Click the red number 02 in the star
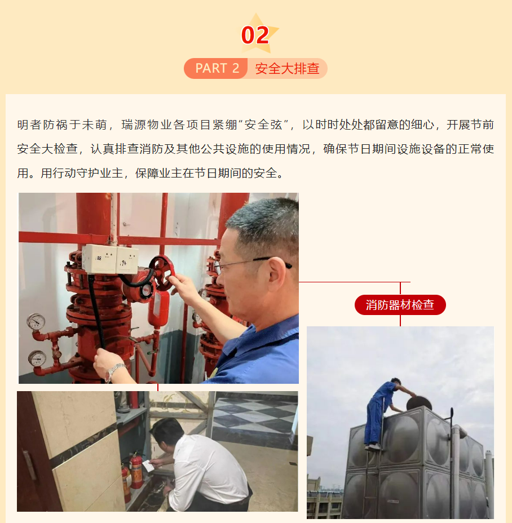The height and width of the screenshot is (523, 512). click(x=255, y=35)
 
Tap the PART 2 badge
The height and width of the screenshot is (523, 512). click(x=216, y=68)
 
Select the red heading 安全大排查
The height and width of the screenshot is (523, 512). click(x=287, y=68)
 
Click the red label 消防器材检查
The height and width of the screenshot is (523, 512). click(x=400, y=305)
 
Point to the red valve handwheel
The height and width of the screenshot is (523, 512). click(x=162, y=273)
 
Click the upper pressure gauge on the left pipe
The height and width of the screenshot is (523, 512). click(x=36, y=322)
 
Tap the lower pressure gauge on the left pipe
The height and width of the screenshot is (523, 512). click(x=37, y=358)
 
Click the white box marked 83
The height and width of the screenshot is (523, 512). click(x=99, y=259)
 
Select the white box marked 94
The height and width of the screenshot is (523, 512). click(x=127, y=260)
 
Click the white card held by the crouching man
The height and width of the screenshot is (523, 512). click(x=148, y=466)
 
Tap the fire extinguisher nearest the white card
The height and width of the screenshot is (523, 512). click(x=136, y=471)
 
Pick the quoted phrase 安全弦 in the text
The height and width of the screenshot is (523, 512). click(x=263, y=125)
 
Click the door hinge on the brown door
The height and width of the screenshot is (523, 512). click(x=30, y=464)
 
